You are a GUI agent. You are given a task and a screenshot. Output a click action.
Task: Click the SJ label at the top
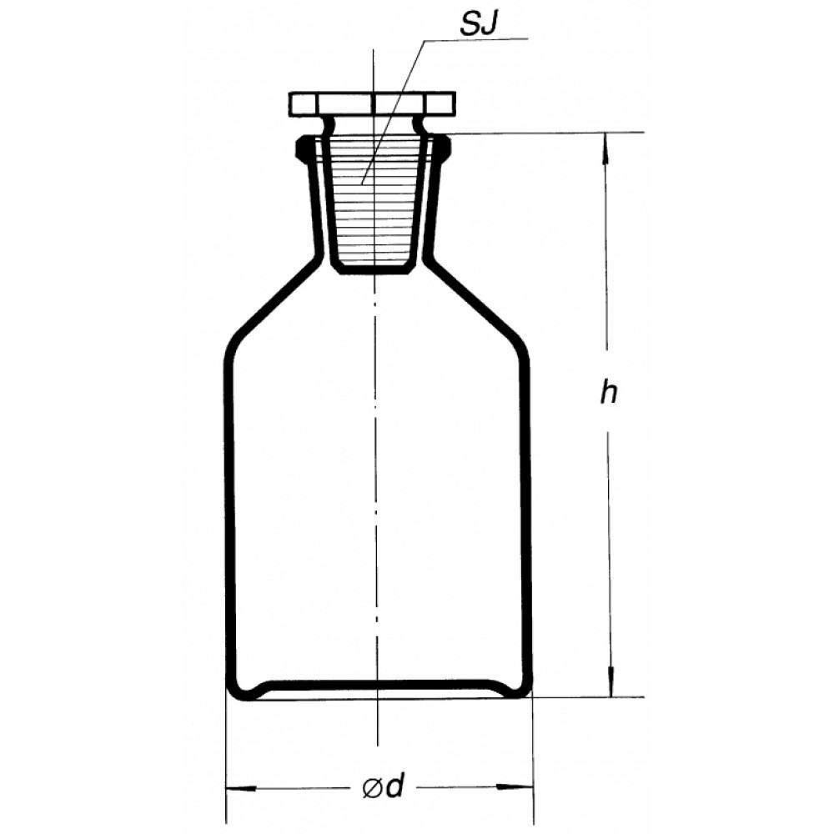point(479,24)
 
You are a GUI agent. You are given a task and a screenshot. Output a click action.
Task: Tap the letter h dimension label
point(609,393)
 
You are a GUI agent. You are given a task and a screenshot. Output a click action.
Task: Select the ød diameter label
point(384,786)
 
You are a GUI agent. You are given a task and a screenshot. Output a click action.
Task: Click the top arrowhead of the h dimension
point(605,148)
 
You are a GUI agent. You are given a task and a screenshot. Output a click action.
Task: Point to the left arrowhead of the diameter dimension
point(242,788)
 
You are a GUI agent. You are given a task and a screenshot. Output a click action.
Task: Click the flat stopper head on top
point(372,105)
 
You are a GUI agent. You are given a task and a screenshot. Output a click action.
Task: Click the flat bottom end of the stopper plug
point(374,270)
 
